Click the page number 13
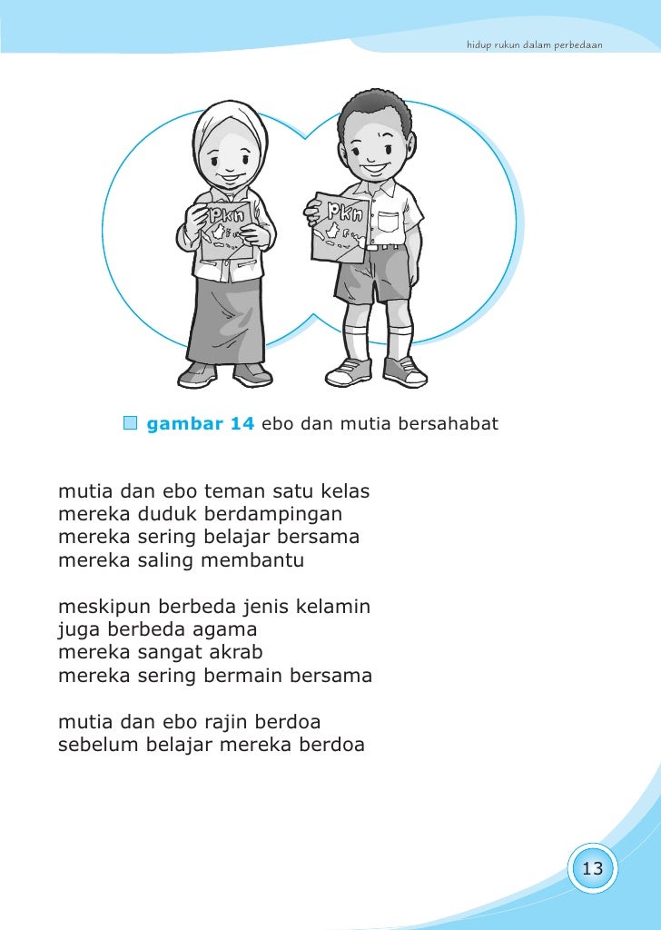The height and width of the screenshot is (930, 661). [592, 869]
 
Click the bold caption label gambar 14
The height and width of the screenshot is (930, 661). [201, 423]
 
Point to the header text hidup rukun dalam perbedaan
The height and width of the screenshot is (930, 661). [534, 45]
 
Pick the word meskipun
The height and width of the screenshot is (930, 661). [105, 606]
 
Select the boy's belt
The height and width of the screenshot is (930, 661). [385, 246]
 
